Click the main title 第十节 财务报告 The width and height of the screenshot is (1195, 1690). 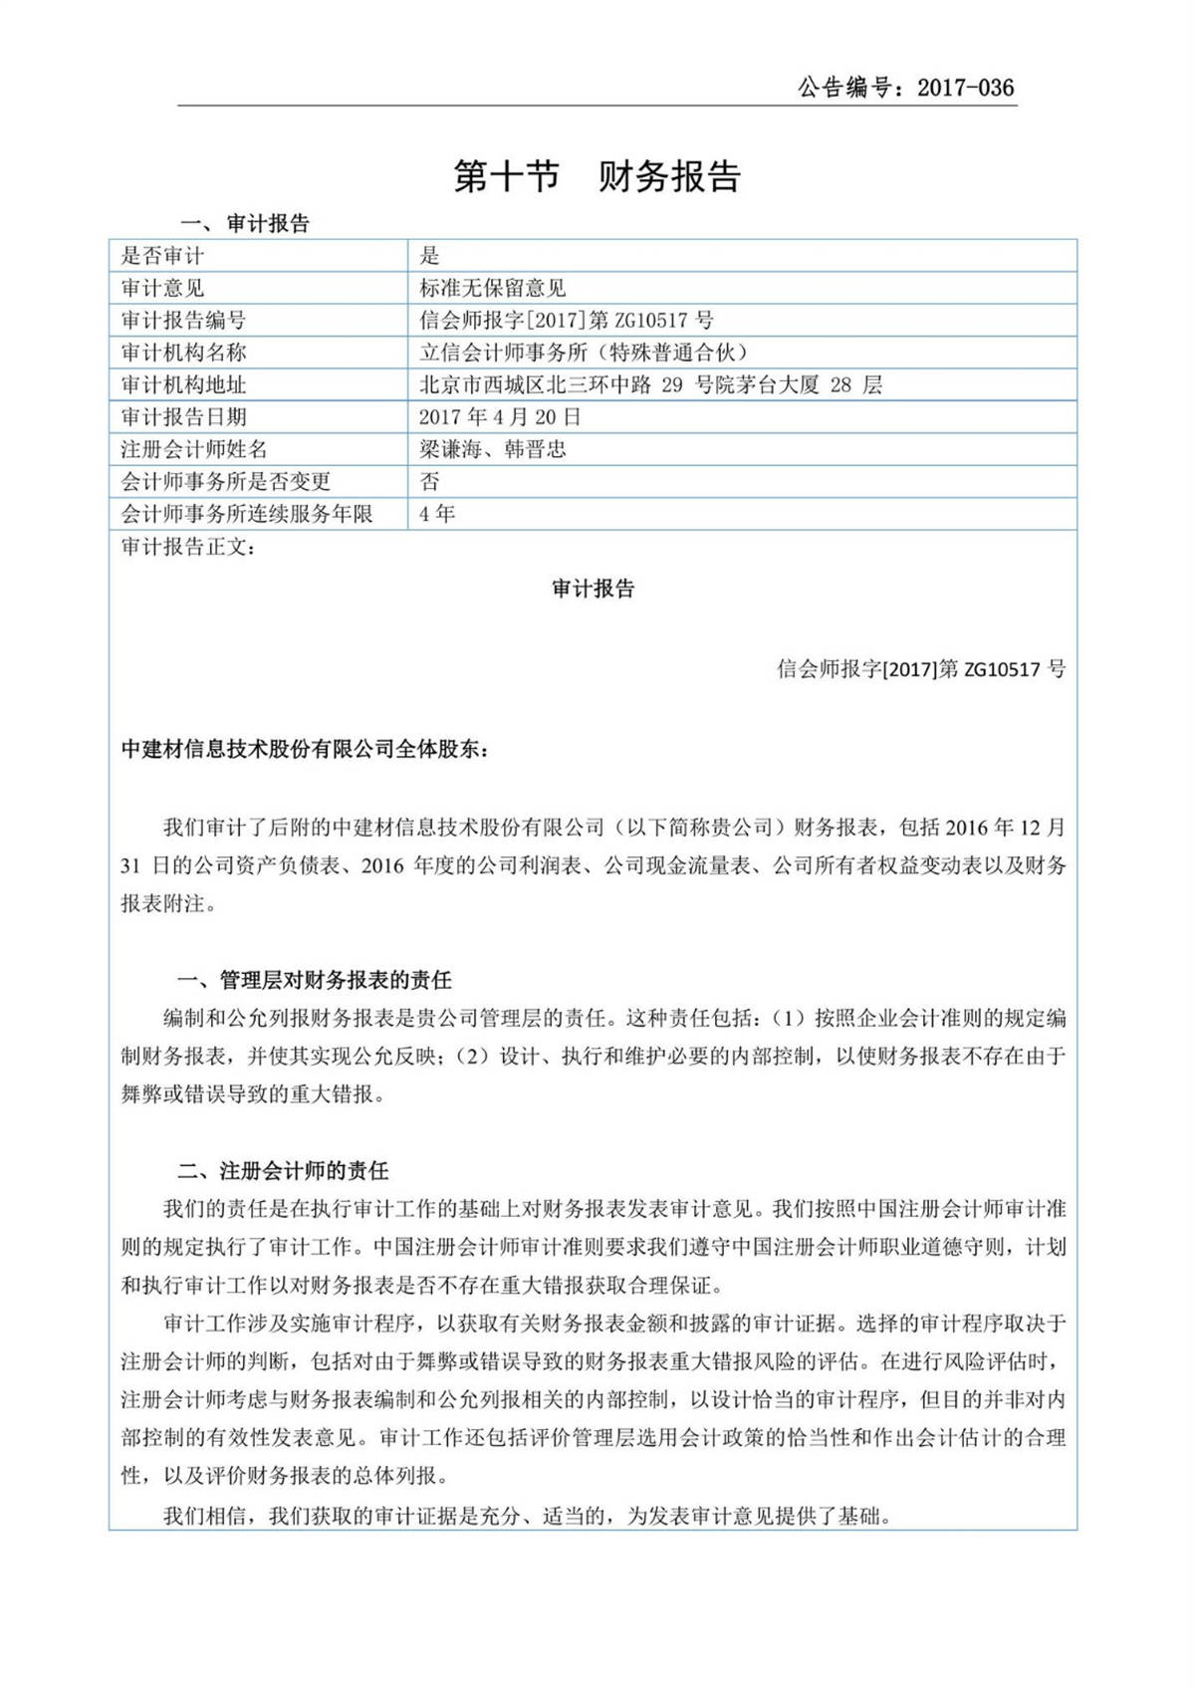(x=597, y=176)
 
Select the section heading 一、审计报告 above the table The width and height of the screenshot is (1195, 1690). (x=245, y=223)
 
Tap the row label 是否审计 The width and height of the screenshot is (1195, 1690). (x=162, y=256)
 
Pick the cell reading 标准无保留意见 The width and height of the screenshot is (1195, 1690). (x=493, y=288)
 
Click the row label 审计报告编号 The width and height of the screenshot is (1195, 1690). (x=183, y=320)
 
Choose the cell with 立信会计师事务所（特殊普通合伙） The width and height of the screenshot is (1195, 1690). (x=584, y=353)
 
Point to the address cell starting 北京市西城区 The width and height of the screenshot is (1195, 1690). (x=650, y=384)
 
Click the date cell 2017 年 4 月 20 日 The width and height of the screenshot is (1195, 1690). (x=500, y=416)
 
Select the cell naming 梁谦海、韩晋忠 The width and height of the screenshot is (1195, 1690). (x=493, y=449)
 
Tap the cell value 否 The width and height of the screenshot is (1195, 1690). (x=429, y=481)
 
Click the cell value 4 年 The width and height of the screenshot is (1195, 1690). (x=437, y=514)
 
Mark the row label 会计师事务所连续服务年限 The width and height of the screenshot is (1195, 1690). (x=247, y=514)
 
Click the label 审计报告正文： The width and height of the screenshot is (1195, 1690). (x=188, y=546)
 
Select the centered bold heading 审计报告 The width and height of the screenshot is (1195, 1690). (x=594, y=589)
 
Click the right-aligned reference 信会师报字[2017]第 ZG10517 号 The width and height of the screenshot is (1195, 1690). (x=920, y=669)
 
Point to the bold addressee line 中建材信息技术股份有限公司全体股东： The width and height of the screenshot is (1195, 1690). (x=305, y=749)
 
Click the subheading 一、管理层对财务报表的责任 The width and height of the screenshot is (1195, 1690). (x=314, y=980)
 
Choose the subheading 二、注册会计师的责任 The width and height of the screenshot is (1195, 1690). (x=283, y=1170)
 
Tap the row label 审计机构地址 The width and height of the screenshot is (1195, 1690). (x=183, y=384)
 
